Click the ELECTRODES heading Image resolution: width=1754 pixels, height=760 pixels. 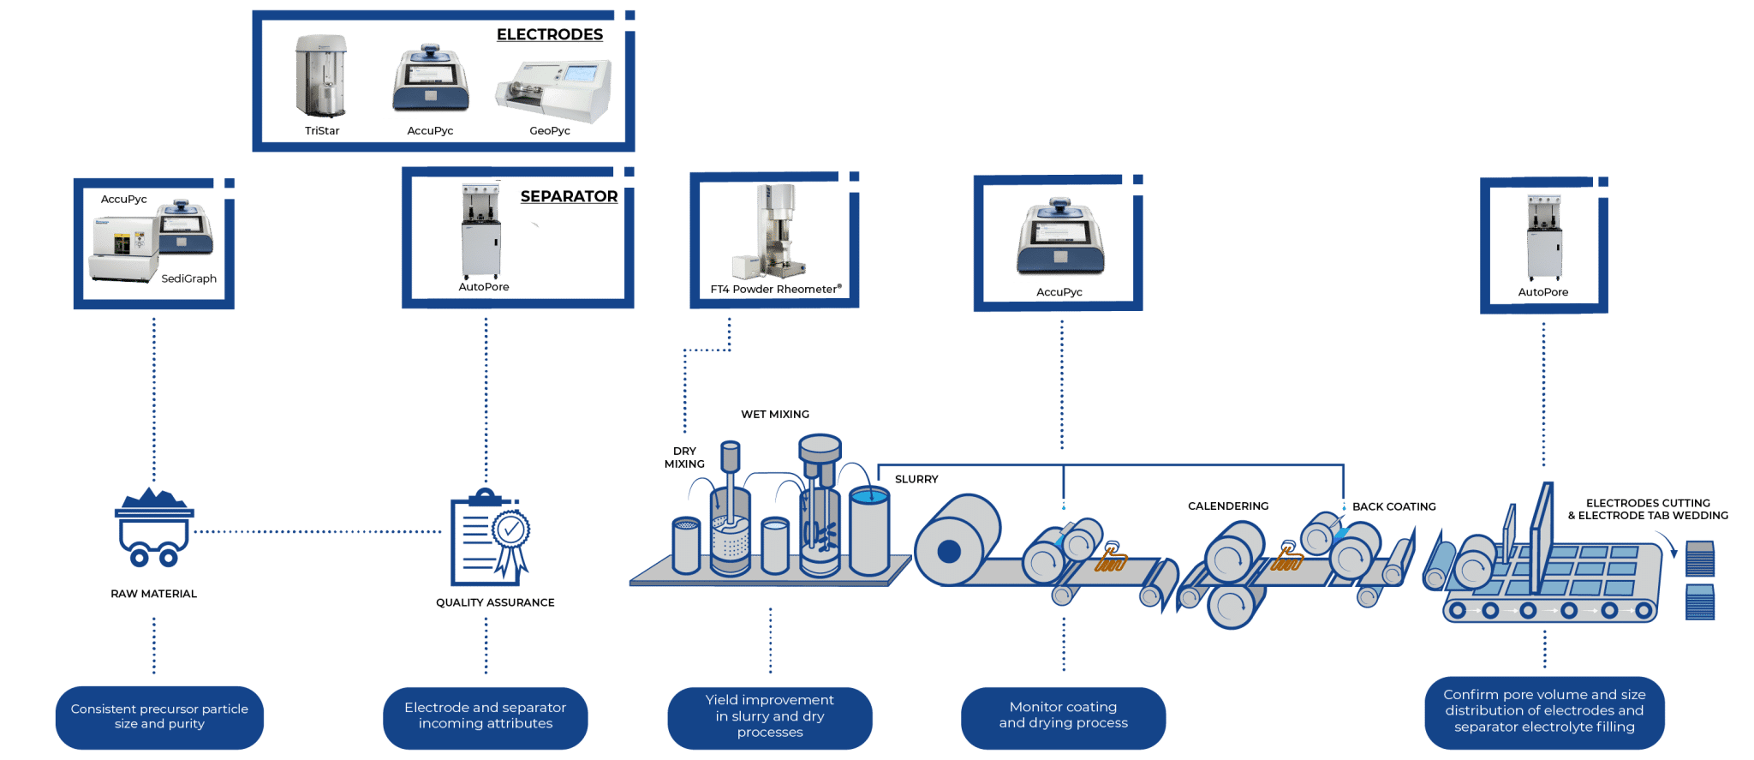click(x=550, y=35)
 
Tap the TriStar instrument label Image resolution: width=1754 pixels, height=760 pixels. click(x=322, y=131)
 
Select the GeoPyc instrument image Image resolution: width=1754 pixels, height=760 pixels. click(x=554, y=89)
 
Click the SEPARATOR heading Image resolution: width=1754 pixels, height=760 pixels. click(x=569, y=197)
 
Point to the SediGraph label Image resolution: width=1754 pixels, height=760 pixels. click(x=188, y=278)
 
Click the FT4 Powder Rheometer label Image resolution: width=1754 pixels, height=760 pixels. click(x=775, y=290)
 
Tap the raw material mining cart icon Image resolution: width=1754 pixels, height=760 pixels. click(x=154, y=528)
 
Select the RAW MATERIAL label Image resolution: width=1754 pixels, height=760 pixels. click(x=154, y=594)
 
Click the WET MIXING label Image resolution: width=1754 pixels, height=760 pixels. click(x=775, y=415)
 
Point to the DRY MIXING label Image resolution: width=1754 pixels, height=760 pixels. click(x=684, y=458)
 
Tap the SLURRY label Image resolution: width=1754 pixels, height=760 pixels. click(x=916, y=480)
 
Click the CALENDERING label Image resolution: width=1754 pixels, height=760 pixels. click(x=1228, y=506)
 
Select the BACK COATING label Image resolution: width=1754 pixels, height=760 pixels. click(x=1394, y=507)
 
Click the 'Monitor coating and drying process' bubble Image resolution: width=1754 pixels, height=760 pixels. click(x=1063, y=715)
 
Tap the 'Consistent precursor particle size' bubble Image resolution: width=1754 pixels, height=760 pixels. click(x=159, y=716)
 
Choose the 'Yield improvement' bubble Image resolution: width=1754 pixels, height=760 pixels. click(x=770, y=716)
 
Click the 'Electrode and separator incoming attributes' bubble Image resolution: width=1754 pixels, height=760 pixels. click(x=485, y=716)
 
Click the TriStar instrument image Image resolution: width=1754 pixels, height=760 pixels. click(x=321, y=77)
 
